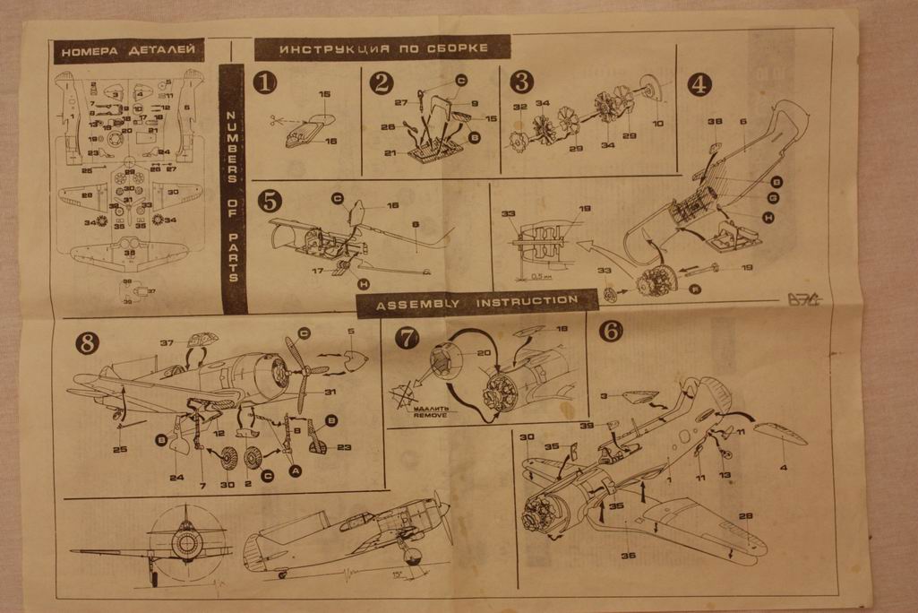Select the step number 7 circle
(408, 337)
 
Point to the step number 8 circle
(87, 341)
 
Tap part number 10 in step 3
(658, 123)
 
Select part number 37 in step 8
(167, 342)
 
